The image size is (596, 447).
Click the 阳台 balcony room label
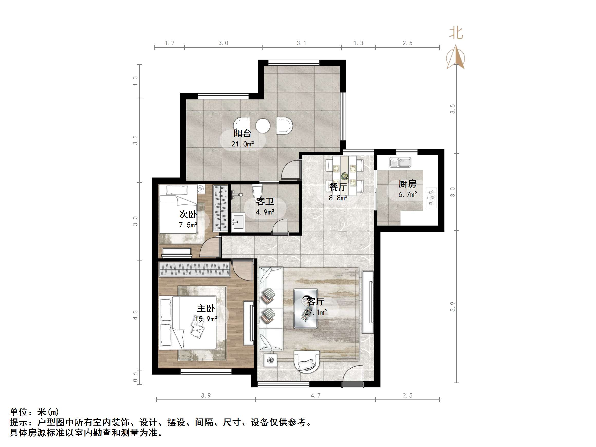(242, 133)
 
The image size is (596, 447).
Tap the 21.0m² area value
(243, 144)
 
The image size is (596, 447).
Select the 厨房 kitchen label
(407, 184)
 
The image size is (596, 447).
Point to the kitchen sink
(400, 162)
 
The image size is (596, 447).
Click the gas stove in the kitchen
(431, 198)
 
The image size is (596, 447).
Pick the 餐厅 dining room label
(338, 187)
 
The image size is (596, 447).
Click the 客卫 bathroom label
(265, 201)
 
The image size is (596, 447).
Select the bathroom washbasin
(238, 222)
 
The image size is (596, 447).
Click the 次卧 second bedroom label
(188, 214)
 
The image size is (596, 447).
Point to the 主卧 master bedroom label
(206, 308)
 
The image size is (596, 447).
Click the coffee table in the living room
(305, 309)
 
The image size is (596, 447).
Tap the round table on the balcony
(263, 126)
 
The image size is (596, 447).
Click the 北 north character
(456, 33)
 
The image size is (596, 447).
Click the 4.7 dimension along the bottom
(315, 396)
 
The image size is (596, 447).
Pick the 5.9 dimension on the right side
(452, 307)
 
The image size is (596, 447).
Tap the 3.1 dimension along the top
(302, 43)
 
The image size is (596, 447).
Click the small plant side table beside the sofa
(270, 360)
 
